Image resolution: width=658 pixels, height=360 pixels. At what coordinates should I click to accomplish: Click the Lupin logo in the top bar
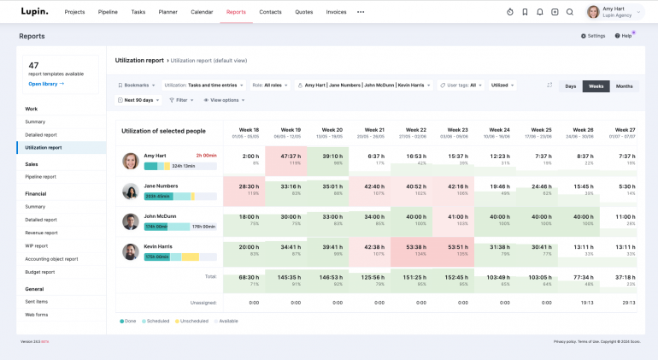(35, 12)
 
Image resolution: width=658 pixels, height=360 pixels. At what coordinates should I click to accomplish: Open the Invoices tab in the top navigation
(336, 12)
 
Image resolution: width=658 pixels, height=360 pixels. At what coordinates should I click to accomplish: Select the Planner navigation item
(167, 12)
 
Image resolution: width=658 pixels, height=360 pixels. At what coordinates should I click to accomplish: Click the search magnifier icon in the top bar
(570, 12)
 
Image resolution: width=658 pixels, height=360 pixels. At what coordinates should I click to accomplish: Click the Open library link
(46, 84)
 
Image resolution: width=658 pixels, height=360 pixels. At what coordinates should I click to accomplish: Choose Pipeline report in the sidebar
(41, 176)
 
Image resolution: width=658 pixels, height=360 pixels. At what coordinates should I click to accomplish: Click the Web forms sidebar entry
(37, 314)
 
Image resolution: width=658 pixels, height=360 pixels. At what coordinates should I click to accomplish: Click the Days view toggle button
(570, 86)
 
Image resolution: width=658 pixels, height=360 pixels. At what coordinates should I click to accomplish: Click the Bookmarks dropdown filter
(137, 86)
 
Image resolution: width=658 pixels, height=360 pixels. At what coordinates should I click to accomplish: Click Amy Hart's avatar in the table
(130, 161)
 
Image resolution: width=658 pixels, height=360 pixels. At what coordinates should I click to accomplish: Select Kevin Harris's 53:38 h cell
(416, 249)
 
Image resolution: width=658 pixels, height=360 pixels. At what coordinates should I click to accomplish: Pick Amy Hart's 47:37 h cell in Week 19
(290, 159)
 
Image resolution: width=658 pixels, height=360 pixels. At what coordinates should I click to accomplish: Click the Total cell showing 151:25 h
(416, 280)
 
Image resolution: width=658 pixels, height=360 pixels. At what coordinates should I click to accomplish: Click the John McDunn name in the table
(160, 216)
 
